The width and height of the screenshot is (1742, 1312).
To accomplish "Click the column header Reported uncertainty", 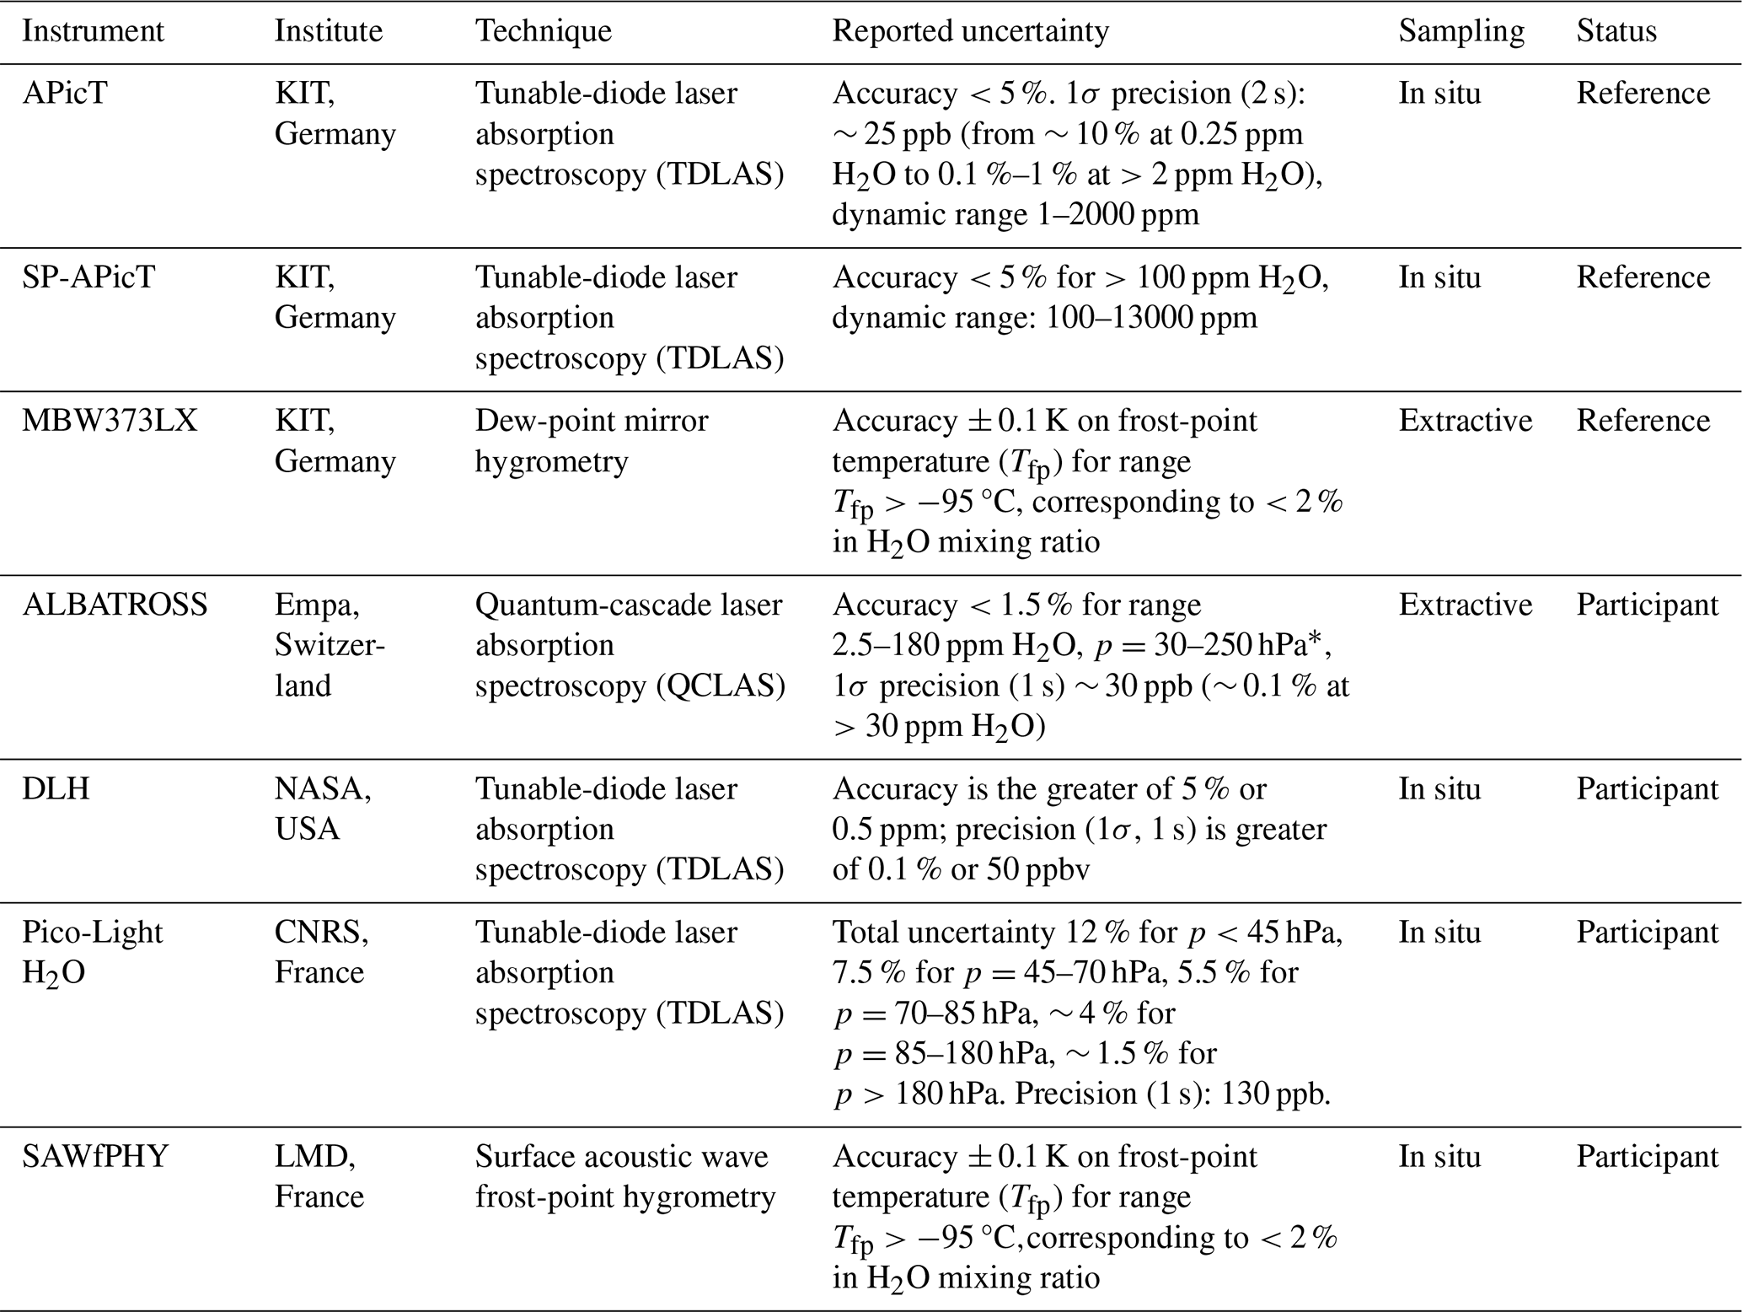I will (x=970, y=31).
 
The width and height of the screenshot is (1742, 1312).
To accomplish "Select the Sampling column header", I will (x=1461, y=31).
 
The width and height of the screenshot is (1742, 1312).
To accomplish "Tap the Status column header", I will (x=1616, y=31).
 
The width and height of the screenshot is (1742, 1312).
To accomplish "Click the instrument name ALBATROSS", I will (x=115, y=605).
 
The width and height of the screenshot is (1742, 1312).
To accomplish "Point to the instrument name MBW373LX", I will (x=110, y=420).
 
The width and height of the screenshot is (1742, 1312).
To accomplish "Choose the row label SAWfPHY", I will (x=95, y=1156).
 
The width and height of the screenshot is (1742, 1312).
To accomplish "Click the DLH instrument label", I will (x=56, y=788).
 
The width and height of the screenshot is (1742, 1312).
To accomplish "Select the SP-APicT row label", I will (x=88, y=277).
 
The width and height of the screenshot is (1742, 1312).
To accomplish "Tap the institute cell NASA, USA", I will (x=323, y=809).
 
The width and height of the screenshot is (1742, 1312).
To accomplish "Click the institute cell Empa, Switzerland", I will (x=330, y=645).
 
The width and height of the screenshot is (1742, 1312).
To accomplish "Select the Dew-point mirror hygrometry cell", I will (x=592, y=440).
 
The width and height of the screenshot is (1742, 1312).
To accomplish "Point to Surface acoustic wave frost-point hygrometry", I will (x=624, y=1176).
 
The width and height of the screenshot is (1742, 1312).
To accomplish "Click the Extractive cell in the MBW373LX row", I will (x=1465, y=420).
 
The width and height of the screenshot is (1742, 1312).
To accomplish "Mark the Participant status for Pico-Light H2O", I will (x=1647, y=932).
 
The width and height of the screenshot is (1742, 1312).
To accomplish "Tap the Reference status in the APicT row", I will (x=1643, y=93).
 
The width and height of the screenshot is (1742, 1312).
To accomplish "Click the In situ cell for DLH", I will (x=1439, y=788).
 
